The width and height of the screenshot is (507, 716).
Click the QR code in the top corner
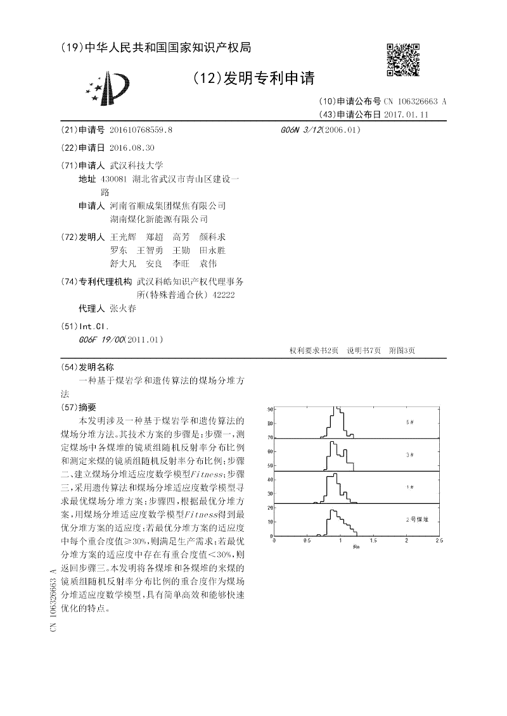pyautogui.click(x=402, y=60)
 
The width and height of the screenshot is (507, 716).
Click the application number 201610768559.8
pyautogui.click(x=141, y=130)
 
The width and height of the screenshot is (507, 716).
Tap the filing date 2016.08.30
pyautogui.click(x=132, y=148)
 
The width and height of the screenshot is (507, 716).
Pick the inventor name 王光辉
pyautogui.click(x=123, y=237)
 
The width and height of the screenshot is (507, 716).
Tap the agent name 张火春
pyautogui.click(x=123, y=310)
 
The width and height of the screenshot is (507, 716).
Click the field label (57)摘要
pyautogui.click(x=79, y=407)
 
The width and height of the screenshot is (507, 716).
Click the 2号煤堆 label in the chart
pyautogui.click(x=417, y=519)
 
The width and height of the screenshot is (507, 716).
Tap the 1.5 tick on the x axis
pyautogui.click(x=373, y=541)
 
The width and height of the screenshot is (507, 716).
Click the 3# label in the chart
pyautogui.click(x=410, y=455)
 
